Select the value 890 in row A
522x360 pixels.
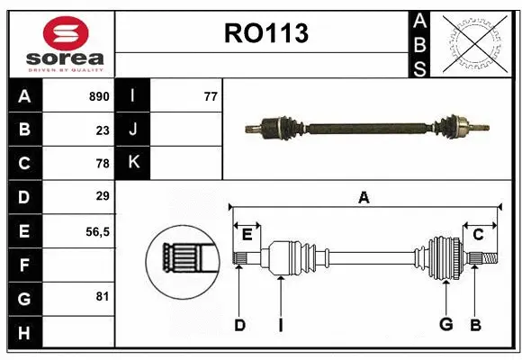click(x=98, y=96)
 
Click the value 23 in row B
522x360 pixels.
click(x=103, y=130)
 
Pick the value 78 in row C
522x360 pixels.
click(x=103, y=164)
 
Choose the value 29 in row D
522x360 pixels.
click(x=103, y=196)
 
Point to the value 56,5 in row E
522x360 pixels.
click(x=97, y=231)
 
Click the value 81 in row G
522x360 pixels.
click(x=103, y=295)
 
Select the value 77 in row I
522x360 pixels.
click(x=211, y=96)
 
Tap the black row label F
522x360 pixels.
click(x=23, y=265)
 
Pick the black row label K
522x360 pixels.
click(x=133, y=163)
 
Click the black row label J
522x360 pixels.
click(x=133, y=130)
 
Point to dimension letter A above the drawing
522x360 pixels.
click(x=364, y=197)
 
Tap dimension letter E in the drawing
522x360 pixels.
click(x=247, y=235)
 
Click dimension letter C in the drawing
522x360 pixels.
click(x=478, y=235)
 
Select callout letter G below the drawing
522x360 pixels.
click(x=445, y=325)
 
